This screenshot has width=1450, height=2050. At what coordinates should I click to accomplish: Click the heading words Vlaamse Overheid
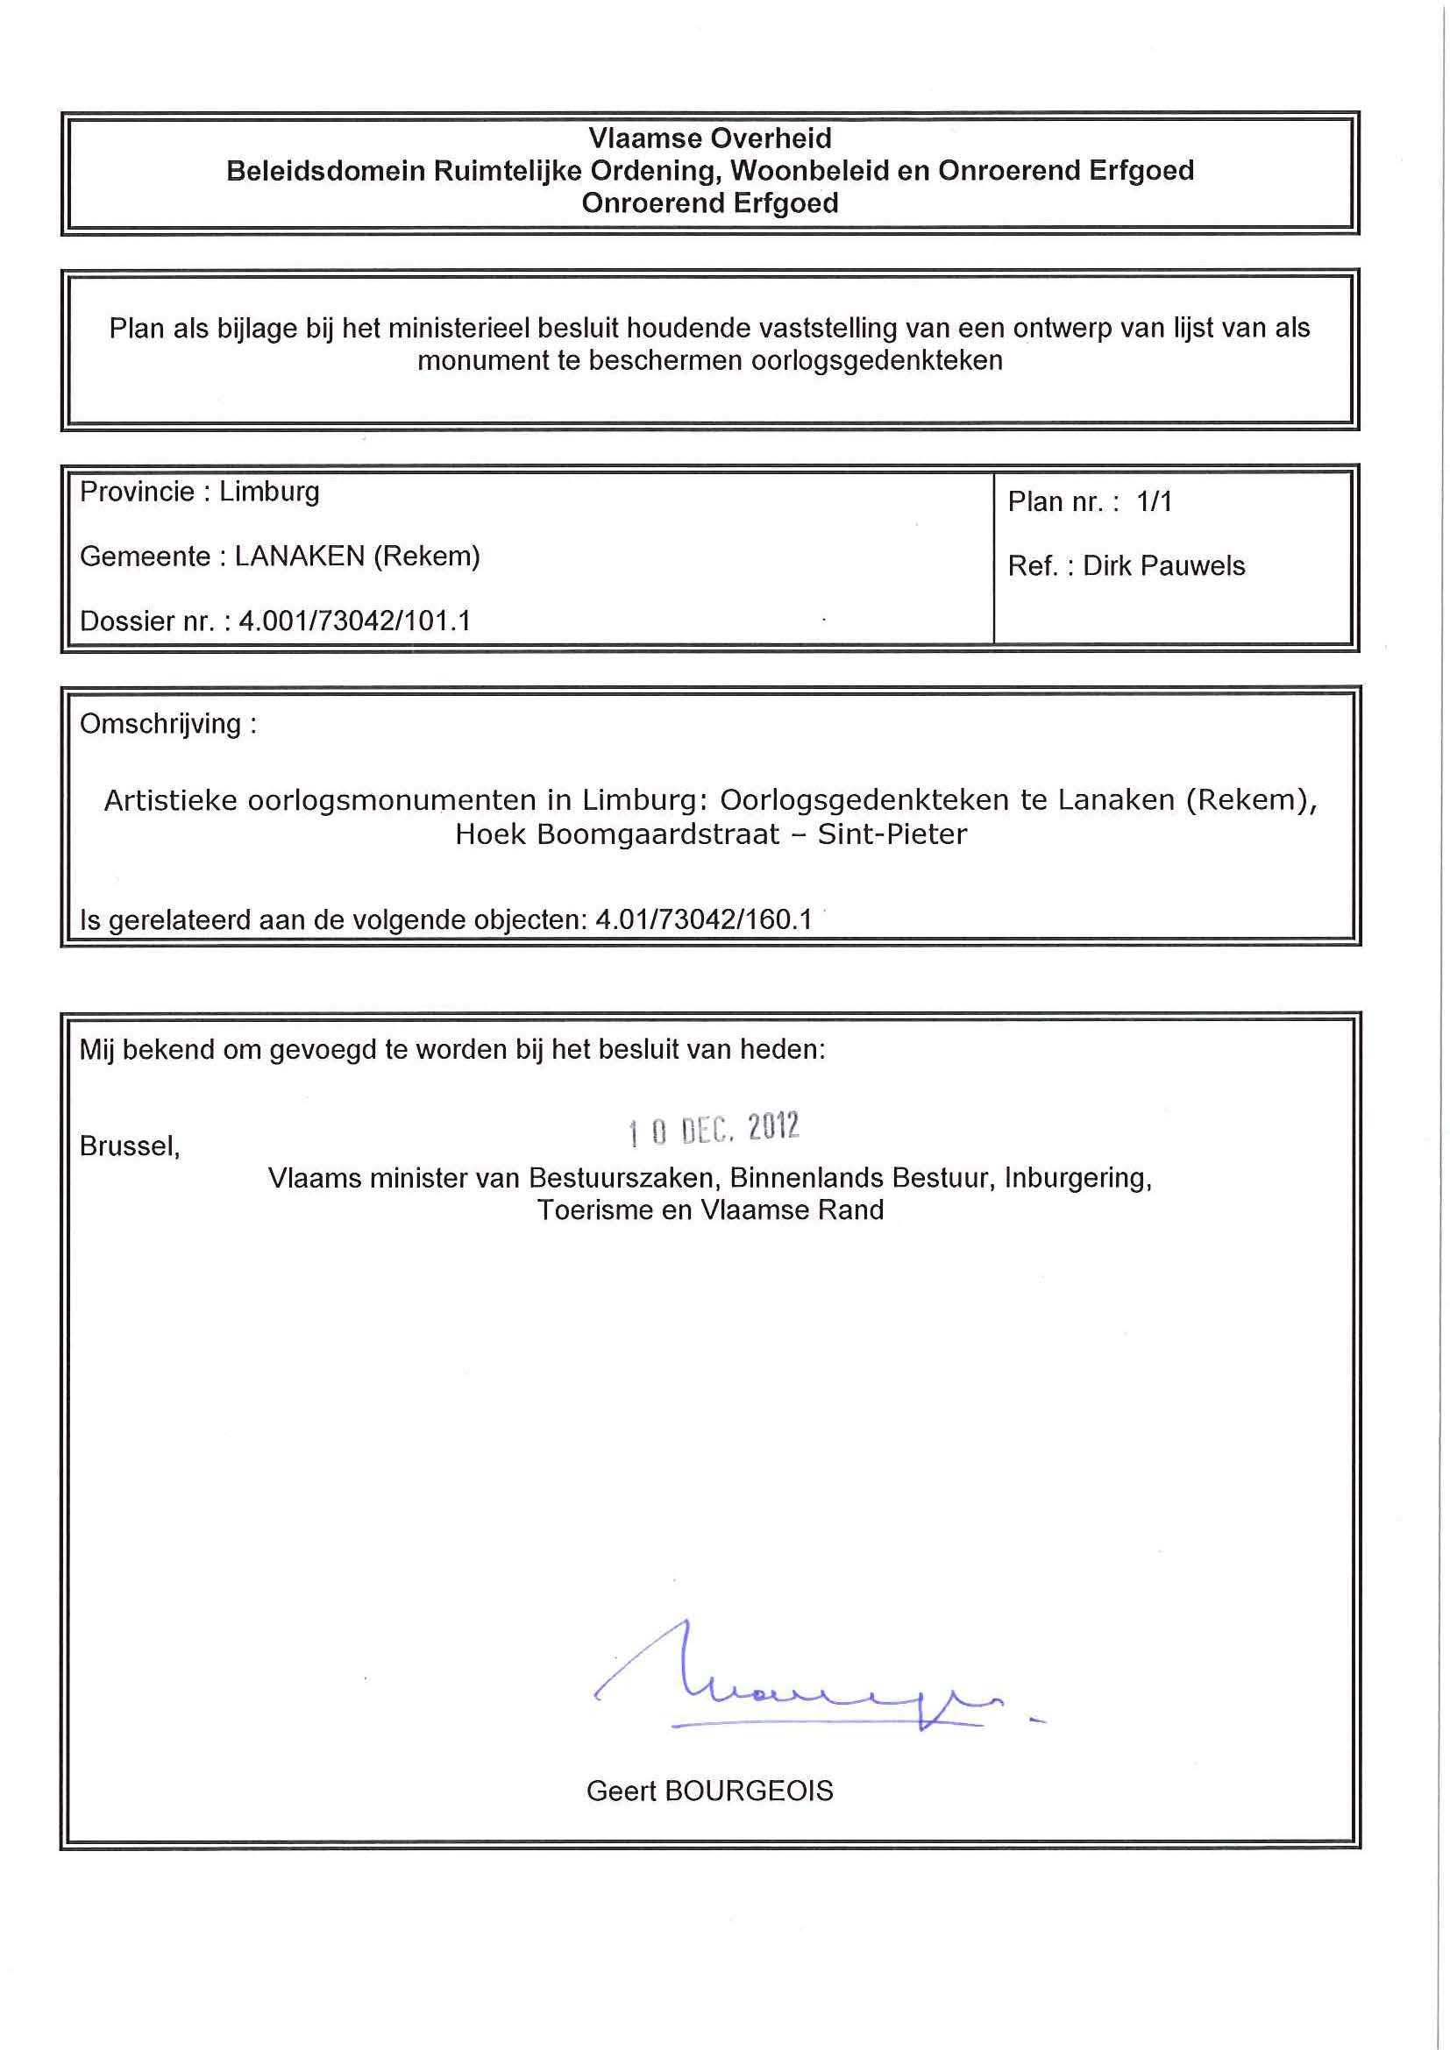(710, 138)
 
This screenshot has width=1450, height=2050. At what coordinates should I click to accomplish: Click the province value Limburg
(269, 492)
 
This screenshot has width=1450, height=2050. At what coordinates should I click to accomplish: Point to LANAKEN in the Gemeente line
(299, 557)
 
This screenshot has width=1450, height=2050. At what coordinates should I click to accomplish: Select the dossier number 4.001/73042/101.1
(354, 621)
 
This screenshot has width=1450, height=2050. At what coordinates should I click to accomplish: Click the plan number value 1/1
(1154, 502)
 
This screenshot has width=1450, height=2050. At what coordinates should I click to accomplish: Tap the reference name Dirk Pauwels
(1163, 566)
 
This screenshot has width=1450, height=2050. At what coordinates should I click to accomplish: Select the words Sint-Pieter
(892, 833)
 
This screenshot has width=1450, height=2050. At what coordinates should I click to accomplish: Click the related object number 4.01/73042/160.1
(704, 919)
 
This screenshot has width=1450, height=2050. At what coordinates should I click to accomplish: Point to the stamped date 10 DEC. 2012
(714, 1130)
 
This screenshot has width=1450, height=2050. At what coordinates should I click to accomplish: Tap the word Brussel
(130, 1146)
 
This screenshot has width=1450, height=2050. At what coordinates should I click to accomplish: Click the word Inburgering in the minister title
(1077, 1179)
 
